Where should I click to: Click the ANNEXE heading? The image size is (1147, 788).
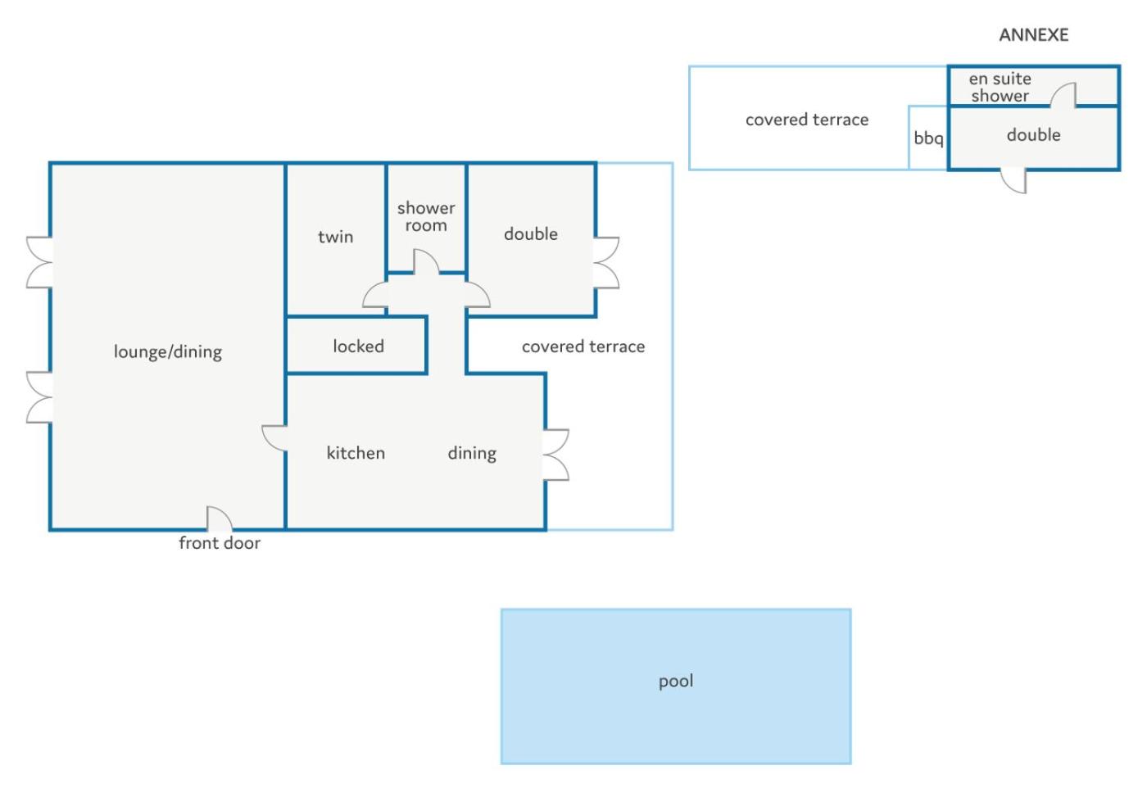[x=1033, y=35]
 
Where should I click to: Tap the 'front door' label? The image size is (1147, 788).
[x=220, y=543]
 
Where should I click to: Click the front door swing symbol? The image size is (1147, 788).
[x=220, y=519]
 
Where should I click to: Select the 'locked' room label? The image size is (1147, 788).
[x=358, y=346]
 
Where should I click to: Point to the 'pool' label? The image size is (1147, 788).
[x=675, y=682]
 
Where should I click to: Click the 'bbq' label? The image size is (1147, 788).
[x=927, y=138]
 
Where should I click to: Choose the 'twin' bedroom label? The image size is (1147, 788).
[x=335, y=237]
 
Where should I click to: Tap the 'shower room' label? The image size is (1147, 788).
[x=426, y=216]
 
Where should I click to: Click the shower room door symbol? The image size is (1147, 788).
[x=426, y=261]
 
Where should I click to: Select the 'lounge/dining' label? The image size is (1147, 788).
[x=168, y=352]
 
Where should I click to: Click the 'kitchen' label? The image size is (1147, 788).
[x=356, y=453]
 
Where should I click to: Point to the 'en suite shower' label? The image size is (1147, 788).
[x=1000, y=87]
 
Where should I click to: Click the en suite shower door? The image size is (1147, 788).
[x=1063, y=95]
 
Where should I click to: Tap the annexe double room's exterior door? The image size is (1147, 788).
[x=1014, y=181]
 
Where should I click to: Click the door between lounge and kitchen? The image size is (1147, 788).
[x=274, y=438]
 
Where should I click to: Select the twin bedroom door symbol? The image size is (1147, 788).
[x=375, y=295]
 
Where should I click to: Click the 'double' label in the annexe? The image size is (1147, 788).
[x=1033, y=135]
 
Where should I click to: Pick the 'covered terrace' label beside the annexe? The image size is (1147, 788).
[x=807, y=120]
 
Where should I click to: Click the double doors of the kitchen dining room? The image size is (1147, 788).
[x=556, y=455]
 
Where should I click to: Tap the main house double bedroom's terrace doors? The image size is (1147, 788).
[x=606, y=263]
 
